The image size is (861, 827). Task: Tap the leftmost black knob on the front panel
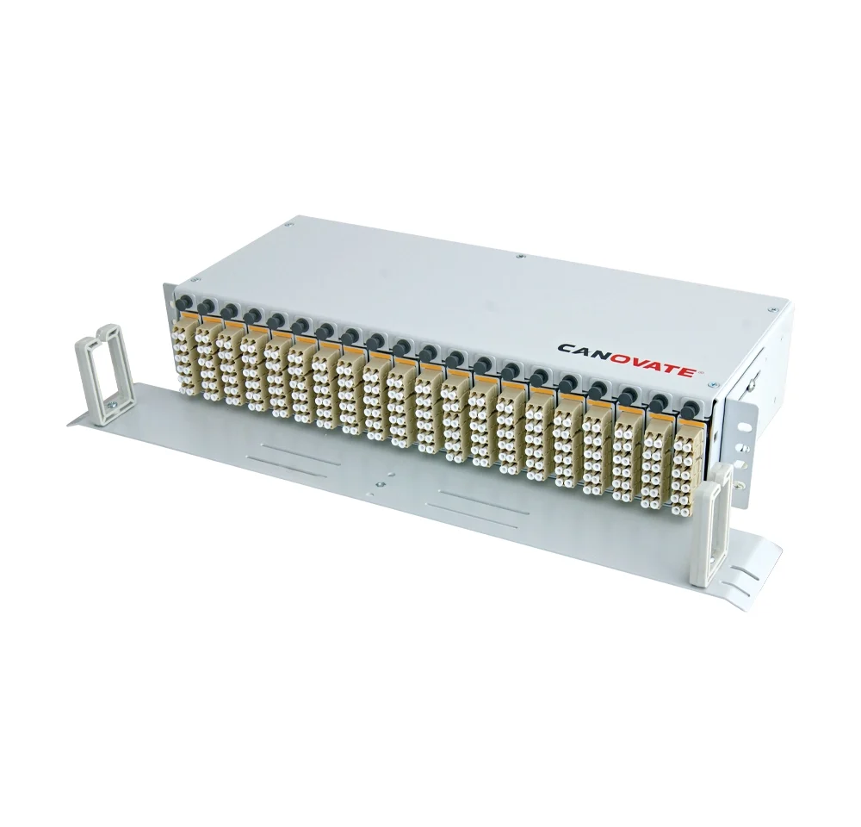183,302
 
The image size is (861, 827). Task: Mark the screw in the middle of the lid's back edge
519,256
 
